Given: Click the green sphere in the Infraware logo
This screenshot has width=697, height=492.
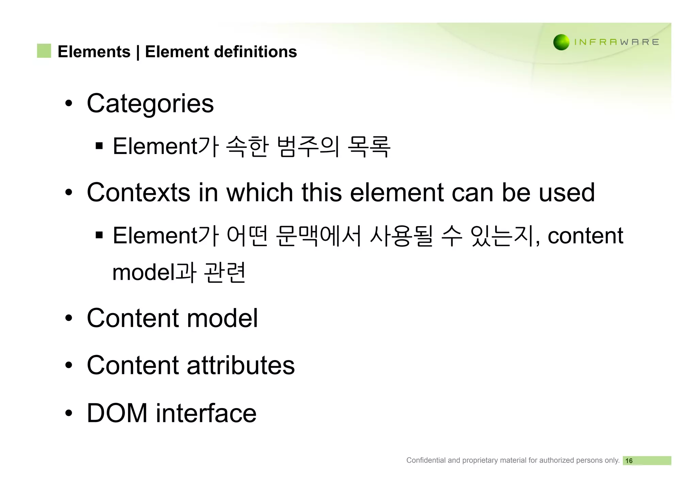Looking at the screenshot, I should [x=561, y=42].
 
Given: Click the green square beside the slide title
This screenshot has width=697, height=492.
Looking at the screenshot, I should [x=44, y=51].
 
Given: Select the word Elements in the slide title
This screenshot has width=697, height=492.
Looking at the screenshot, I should [x=94, y=52].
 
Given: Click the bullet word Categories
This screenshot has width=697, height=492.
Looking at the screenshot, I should [x=150, y=103].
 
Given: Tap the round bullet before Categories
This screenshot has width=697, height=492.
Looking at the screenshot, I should [x=69, y=103].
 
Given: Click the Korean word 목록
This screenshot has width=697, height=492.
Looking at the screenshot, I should [x=369, y=147].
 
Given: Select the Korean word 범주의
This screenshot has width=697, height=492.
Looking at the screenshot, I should [x=308, y=147].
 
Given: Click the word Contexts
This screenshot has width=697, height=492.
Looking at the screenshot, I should [x=138, y=192].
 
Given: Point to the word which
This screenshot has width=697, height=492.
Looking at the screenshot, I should [x=260, y=192].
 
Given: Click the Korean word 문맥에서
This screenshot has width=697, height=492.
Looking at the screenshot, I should [x=318, y=236].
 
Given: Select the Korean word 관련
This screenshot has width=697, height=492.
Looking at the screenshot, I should [x=225, y=272].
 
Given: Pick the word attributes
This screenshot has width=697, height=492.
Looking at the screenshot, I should [x=241, y=366].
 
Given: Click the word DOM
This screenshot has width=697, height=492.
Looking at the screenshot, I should [x=117, y=413].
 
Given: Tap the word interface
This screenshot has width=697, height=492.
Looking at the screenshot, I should [x=206, y=413].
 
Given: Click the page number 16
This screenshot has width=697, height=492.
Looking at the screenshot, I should [x=629, y=461].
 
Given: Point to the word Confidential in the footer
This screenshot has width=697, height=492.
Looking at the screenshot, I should [x=426, y=460].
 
